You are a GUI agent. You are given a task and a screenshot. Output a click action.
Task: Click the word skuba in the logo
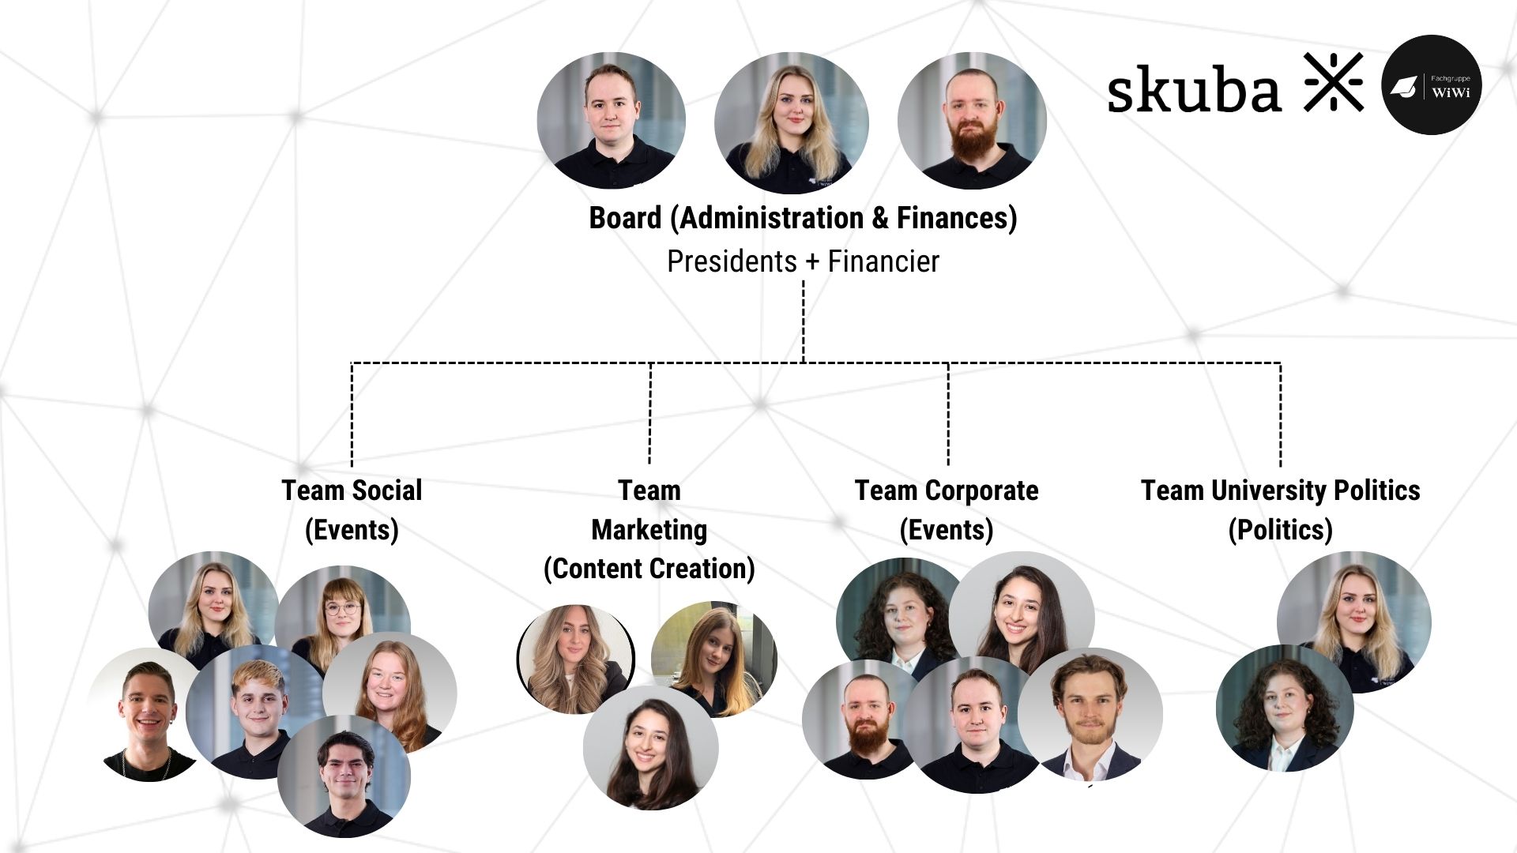pos(1193,88)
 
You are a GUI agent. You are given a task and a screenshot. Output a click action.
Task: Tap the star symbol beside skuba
pos(1334,82)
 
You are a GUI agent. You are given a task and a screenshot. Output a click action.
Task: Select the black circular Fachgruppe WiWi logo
pos(1431,85)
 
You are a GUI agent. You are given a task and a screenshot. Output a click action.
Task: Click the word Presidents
pos(732,261)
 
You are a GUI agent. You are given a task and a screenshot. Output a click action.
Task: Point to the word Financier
pos(883,261)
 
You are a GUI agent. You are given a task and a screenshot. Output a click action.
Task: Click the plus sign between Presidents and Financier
pos(812,261)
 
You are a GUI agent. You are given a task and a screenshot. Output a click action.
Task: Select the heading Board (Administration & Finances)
pos(803,218)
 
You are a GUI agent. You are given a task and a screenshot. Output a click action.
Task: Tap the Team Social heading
pos(352,490)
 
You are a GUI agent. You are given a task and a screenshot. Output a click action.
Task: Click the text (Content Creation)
pos(649,569)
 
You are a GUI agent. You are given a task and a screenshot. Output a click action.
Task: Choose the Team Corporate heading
pos(947,490)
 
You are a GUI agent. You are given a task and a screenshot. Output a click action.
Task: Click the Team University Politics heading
pos(1280,490)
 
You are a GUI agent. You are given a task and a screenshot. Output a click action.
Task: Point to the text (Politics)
pos(1280,529)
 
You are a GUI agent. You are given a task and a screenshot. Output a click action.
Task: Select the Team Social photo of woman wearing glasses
pos(343,620)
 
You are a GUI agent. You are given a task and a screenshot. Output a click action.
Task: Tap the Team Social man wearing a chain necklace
pos(146,716)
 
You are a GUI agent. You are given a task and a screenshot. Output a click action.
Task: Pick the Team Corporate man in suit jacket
pos(1090,716)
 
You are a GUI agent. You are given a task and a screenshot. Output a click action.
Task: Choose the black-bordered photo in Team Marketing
pos(576,659)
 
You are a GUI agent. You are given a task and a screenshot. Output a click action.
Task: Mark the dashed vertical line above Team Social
pos(352,414)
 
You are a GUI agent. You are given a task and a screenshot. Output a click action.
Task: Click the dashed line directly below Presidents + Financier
pos(804,321)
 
